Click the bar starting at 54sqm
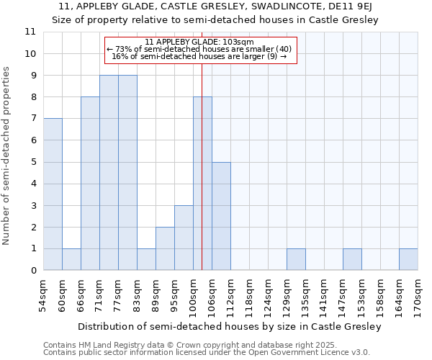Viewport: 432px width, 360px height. point(53,194)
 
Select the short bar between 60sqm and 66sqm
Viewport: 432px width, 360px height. point(71,259)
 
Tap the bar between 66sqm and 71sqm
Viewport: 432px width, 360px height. point(90,184)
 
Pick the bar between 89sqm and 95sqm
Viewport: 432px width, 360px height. point(165,248)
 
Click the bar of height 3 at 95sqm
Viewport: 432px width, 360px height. point(184,238)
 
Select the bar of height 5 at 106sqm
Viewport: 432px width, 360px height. point(221,216)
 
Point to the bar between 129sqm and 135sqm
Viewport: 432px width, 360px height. point(296,259)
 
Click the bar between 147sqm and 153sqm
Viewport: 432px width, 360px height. point(352,259)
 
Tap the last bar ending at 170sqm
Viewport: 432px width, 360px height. point(408,259)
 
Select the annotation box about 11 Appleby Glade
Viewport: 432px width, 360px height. point(201,50)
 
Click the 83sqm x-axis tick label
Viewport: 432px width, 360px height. point(137,293)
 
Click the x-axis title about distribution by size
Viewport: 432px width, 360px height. point(229,326)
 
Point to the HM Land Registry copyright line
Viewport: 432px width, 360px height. point(185,345)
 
